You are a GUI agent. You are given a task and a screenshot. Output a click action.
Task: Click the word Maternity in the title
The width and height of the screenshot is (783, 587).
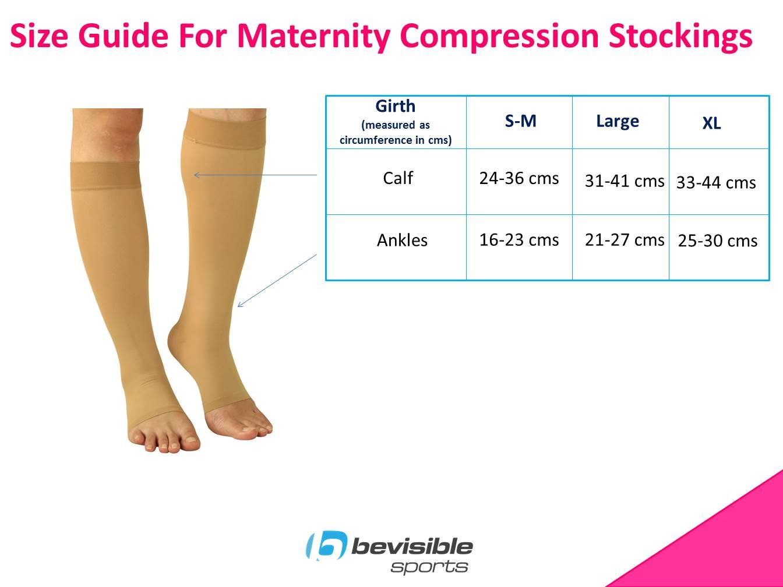[x=313, y=37]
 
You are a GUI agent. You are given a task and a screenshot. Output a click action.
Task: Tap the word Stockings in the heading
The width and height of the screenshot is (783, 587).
[x=680, y=37]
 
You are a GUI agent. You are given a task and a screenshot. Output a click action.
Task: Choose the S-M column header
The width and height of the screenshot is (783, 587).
[x=520, y=121]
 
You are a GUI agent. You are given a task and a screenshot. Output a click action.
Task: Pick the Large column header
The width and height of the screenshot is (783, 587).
[x=618, y=122]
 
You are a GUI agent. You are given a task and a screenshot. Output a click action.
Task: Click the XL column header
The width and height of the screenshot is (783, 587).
[x=712, y=123]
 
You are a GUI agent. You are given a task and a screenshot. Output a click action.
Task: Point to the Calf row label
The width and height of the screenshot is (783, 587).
[x=398, y=178]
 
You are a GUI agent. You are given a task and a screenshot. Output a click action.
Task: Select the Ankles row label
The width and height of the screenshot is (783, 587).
[x=402, y=240]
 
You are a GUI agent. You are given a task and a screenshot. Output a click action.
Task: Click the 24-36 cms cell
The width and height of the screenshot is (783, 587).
[x=519, y=178]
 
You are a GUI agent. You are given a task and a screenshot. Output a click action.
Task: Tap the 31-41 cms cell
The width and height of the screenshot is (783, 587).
[x=625, y=181]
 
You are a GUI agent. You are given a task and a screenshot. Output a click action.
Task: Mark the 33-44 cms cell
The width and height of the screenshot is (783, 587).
[x=716, y=182]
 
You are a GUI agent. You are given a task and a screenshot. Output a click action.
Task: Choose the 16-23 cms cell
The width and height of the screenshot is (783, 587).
[x=519, y=239]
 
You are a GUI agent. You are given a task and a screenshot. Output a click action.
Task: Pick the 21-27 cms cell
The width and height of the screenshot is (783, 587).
[x=625, y=239]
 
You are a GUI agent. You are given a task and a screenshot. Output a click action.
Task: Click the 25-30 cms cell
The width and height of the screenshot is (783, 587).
[x=717, y=241]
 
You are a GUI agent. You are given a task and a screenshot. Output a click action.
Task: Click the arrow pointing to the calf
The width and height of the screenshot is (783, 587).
[x=255, y=175]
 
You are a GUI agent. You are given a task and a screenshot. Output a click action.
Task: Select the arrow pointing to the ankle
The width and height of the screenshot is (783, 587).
[x=277, y=281]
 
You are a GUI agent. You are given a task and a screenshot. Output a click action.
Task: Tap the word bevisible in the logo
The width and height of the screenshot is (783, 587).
[x=412, y=546]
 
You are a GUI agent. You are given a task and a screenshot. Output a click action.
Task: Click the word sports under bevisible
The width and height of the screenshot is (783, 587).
[x=429, y=567]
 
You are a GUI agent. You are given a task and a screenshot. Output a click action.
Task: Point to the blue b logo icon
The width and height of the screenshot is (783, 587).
[x=326, y=545]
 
